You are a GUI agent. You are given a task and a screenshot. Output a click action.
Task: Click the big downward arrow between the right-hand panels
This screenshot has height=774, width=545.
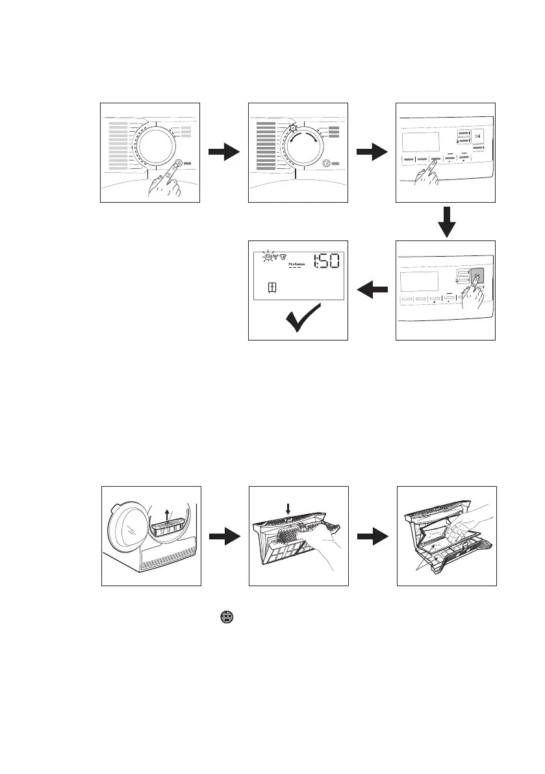coord(446,222)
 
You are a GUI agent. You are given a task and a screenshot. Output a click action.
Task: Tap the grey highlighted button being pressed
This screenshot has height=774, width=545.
coord(477,277)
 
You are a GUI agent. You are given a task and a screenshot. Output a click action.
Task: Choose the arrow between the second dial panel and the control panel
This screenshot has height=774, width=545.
coord(372,153)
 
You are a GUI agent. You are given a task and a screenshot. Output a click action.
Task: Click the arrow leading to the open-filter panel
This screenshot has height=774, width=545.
coord(372,536)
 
